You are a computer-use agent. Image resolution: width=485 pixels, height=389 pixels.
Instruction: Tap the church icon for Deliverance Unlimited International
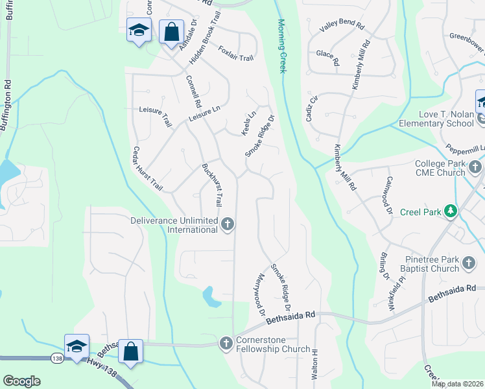coord(227,224)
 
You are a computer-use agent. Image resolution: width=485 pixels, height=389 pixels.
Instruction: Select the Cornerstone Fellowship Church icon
coord(226,343)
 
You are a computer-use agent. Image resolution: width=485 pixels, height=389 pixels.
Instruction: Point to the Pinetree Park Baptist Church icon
coord(469,264)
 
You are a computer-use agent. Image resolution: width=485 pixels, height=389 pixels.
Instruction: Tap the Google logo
coord(21,381)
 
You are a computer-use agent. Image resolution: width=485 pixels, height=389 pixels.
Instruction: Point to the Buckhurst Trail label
coord(212,184)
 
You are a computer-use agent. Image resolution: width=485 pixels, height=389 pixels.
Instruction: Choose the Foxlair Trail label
coord(235,53)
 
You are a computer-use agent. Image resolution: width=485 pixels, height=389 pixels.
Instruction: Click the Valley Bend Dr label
coord(342,24)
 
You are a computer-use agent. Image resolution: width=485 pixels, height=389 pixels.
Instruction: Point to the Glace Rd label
coord(327,58)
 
